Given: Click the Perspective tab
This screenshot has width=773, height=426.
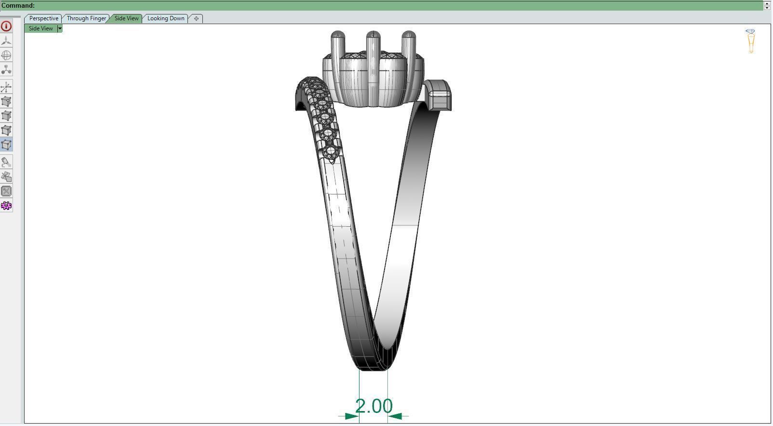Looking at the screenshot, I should coord(43,18).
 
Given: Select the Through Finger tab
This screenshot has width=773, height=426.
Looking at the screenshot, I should coord(86,18).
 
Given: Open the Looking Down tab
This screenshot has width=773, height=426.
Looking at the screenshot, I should coord(166,18).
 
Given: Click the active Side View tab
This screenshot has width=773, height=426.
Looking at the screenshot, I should coord(126,18).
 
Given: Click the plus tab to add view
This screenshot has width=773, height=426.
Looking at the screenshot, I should coord(196,18).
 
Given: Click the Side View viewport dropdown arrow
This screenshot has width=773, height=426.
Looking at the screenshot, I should coord(60,28).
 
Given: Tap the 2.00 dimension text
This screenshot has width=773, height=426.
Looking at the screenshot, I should coord(374,406).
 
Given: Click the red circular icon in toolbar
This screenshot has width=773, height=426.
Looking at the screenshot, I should coord(6,26).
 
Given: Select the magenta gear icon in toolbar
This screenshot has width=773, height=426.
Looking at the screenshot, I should coord(6,206).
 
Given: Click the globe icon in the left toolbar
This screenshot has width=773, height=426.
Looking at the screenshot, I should coord(6,55).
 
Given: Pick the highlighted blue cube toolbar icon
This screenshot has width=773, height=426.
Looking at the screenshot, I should coord(6,145).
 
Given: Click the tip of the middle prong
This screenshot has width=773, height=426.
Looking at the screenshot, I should coord(373,35).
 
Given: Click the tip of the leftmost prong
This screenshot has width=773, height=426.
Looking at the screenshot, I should coord(338,35).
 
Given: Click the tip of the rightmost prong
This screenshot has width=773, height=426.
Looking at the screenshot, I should coord(408,35).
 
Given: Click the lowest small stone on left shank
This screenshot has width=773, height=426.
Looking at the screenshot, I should coord(331,153).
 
